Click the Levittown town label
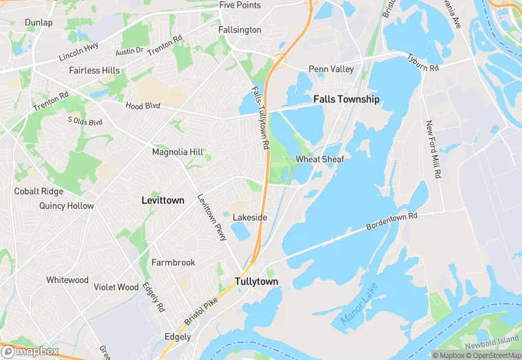(163, 201)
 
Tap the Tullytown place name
(256, 282)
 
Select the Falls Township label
(346, 100)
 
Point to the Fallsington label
(240, 30)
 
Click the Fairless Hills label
(94, 71)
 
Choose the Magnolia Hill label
(178, 152)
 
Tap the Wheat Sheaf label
(319, 159)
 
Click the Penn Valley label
(331, 69)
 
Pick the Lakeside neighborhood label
(249, 218)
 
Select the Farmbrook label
(173, 262)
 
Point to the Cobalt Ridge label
(38, 192)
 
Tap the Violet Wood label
(116, 287)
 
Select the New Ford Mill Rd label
(433, 150)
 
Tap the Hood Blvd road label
(142, 106)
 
